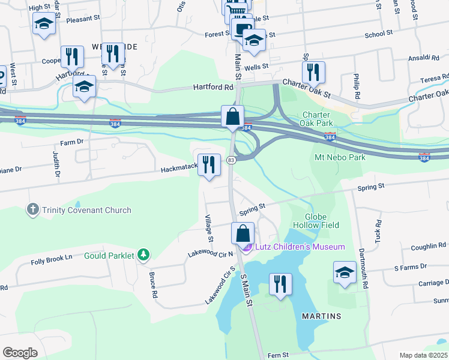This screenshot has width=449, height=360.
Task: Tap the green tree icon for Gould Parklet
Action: click(x=143, y=255)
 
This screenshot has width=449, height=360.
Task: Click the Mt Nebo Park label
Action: click(x=340, y=157)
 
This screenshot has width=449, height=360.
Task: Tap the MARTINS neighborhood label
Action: click(x=321, y=316)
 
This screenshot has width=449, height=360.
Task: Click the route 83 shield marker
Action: click(x=231, y=160)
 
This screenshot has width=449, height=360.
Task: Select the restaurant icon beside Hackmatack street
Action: click(x=208, y=166)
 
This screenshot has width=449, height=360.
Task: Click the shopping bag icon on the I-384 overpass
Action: click(x=232, y=116)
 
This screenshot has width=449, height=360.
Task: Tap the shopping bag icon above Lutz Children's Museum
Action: click(x=243, y=233)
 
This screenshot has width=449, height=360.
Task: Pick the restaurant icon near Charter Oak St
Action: click(x=313, y=72)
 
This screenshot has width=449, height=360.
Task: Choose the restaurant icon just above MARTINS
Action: click(x=280, y=284)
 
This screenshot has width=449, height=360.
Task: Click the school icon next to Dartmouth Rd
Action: click(x=345, y=272)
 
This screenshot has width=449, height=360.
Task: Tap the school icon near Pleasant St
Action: click(x=44, y=25)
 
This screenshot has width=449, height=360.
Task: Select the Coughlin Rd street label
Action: click(x=429, y=246)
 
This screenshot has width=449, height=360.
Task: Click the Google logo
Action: click(x=20, y=352)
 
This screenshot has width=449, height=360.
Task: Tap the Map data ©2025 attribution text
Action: click(x=423, y=355)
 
